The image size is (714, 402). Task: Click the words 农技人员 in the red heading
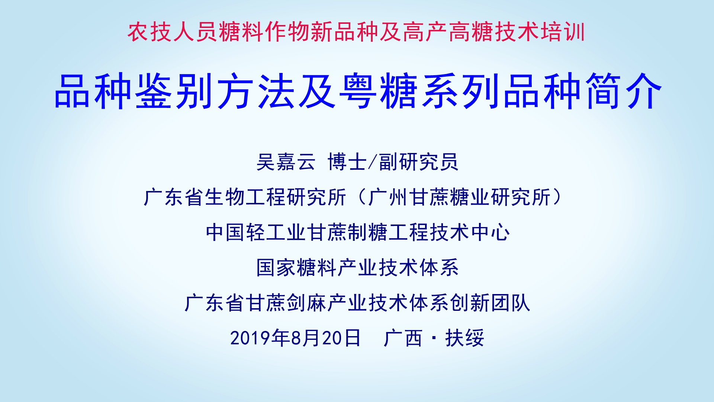tap(173, 32)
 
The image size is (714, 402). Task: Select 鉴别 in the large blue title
tap(174, 92)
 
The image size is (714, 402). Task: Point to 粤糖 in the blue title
tap(380, 92)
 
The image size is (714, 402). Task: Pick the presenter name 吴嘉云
tap(286, 162)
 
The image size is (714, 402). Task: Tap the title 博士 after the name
tap(347, 162)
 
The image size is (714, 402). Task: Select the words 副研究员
tap(418, 162)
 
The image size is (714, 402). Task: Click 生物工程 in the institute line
tap(245, 197)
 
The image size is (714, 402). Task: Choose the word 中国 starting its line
tap(225, 232)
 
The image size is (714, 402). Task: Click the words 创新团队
tap(490, 303)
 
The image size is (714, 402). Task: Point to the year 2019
tap(250, 338)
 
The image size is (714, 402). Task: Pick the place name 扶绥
tap(464, 338)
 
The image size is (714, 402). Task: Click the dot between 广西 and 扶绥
tap(434, 338)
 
